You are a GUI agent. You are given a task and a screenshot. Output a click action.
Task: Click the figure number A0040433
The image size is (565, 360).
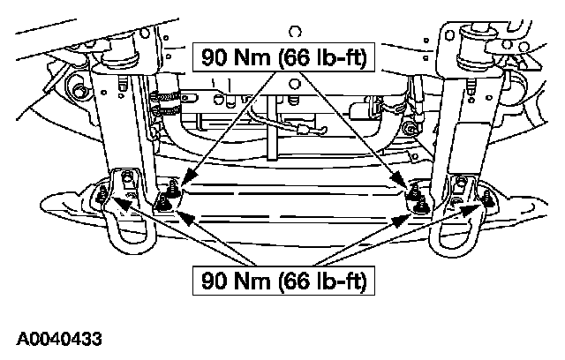pos(58,338)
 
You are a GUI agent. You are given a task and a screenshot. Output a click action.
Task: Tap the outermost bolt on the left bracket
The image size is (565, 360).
pos(105,194)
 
